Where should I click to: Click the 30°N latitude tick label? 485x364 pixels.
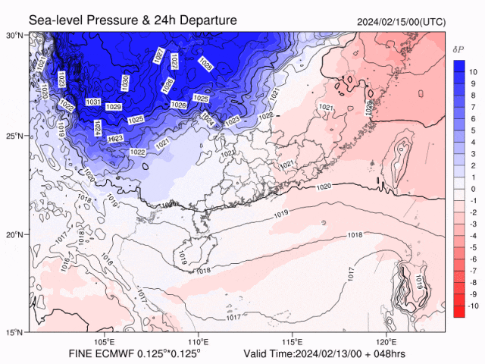(x=14, y=35)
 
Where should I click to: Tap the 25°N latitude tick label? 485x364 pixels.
(x=14, y=136)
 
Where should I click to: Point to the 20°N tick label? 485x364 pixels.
(x=14, y=234)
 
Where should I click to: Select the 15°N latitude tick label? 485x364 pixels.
(x=14, y=332)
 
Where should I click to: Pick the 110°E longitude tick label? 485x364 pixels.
(x=199, y=341)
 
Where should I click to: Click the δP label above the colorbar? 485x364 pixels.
(x=458, y=49)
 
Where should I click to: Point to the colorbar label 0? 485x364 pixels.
(x=472, y=189)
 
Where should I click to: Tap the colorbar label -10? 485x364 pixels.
(x=471, y=306)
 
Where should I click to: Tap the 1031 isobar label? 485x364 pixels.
(x=94, y=102)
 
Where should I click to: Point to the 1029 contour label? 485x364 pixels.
(x=114, y=107)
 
